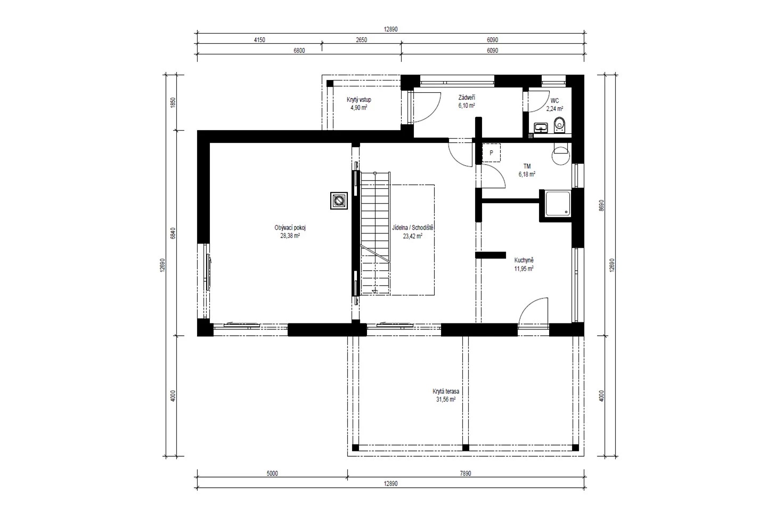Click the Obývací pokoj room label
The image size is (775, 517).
[290, 228]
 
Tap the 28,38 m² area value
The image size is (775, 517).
[290, 236]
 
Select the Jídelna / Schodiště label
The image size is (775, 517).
[413, 228]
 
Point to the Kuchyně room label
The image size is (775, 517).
[524, 261]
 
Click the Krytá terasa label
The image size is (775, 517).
[446, 391]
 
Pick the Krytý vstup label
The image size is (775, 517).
[359, 100]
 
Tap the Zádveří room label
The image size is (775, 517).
[467, 98]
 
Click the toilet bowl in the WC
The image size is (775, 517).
[559, 125]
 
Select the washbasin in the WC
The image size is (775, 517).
[541, 127]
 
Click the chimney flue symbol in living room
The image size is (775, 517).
[339, 200]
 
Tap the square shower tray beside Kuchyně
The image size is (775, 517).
[558, 203]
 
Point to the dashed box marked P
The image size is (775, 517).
[491, 153]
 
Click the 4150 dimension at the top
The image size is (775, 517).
[259, 40]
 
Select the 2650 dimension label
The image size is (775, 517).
[361, 40]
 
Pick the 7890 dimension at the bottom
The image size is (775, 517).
[466, 473]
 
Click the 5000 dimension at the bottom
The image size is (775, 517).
[272, 473]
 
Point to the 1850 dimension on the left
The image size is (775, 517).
[173, 102]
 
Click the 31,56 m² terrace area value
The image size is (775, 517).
[446, 399]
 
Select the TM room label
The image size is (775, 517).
[527, 167]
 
